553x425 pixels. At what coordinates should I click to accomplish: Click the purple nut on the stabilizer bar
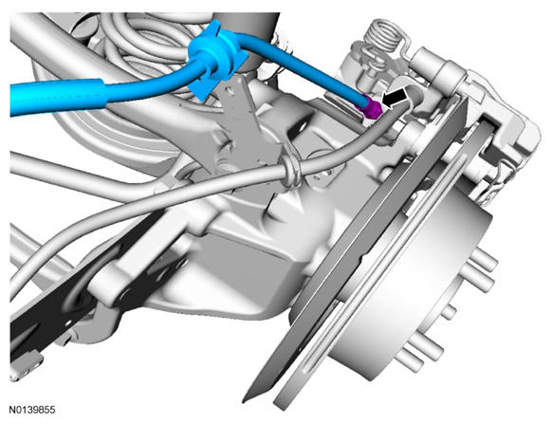pyautogui.click(x=370, y=107)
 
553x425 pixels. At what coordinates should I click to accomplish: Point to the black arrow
pyautogui.click(x=395, y=98)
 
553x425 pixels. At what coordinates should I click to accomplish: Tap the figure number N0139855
pyautogui.click(x=31, y=410)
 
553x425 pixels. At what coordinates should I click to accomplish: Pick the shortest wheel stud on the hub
pyautogui.click(x=449, y=312)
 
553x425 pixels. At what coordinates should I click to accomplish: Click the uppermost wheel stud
pyautogui.click(x=484, y=259)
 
